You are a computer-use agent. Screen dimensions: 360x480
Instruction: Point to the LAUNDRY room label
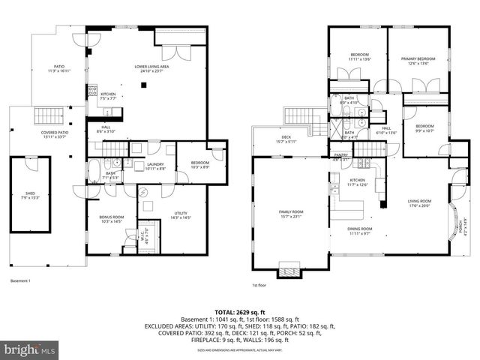point(155,166)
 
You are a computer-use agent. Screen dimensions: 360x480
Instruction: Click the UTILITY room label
point(181,215)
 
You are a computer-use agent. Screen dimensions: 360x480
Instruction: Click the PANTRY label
point(340,157)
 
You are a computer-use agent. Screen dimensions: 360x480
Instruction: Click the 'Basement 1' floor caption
point(20,280)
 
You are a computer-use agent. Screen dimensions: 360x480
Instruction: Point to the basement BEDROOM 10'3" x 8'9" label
point(199,164)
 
